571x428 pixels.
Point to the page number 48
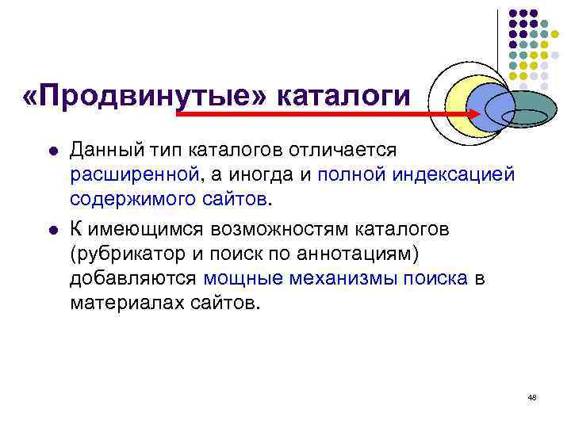click(531, 396)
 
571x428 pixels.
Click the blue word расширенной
click(132, 173)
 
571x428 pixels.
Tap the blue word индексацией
click(464, 173)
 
